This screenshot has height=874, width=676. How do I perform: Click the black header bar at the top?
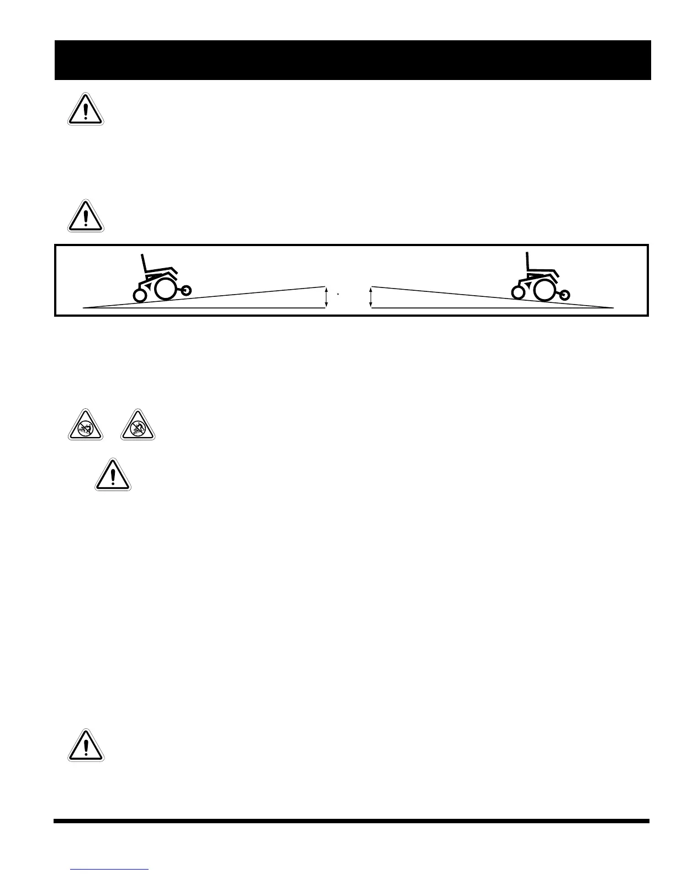[x=352, y=60]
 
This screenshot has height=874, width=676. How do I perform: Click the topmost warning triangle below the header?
[x=86, y=110]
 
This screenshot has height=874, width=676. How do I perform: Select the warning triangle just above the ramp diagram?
[x=86, y=216]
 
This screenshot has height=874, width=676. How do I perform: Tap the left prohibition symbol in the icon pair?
[x=86, y=426]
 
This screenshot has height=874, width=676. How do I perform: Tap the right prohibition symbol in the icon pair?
[x=138, y=426]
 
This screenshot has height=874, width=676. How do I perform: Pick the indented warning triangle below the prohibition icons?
[x=113, y=476]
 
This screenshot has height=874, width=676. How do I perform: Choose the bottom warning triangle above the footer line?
[x=86, y=747]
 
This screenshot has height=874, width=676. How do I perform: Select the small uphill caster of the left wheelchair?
[x=186, y=289]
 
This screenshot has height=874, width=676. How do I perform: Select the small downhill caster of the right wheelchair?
[x=564, y=295]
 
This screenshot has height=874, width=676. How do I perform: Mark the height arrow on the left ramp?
[x=326, y=297]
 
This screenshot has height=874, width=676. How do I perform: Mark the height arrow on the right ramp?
[x=371, y=297]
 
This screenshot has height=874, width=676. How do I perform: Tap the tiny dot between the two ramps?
[x=337, y=295]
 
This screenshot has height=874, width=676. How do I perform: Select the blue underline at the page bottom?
[x=110, y=869]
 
